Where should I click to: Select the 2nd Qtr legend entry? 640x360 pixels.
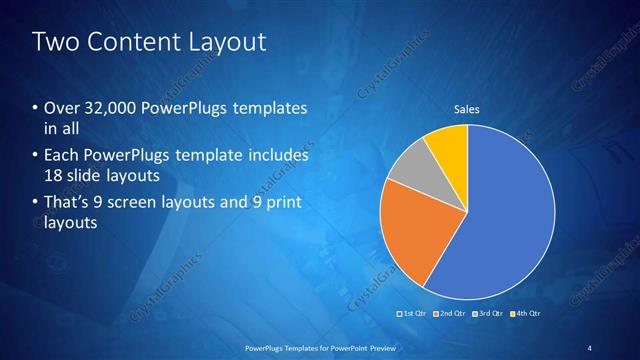click(450, 313)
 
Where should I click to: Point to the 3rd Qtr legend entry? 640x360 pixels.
click(489, 313)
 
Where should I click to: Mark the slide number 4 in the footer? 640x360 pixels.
click(589, 347)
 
